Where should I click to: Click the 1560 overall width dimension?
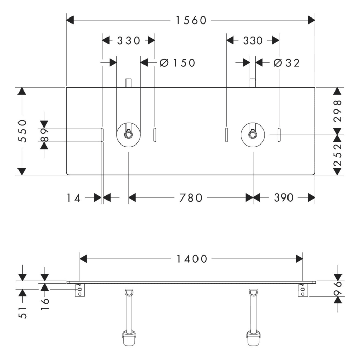coord(191,20)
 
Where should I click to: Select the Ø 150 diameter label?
coord(177,63)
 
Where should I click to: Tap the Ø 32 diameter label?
coord(286,63)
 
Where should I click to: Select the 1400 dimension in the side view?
coord(191,259)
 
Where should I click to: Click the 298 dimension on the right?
coord(337,111)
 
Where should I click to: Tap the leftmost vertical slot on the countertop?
coord(102,135)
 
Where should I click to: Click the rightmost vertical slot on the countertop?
coord(279,135)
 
